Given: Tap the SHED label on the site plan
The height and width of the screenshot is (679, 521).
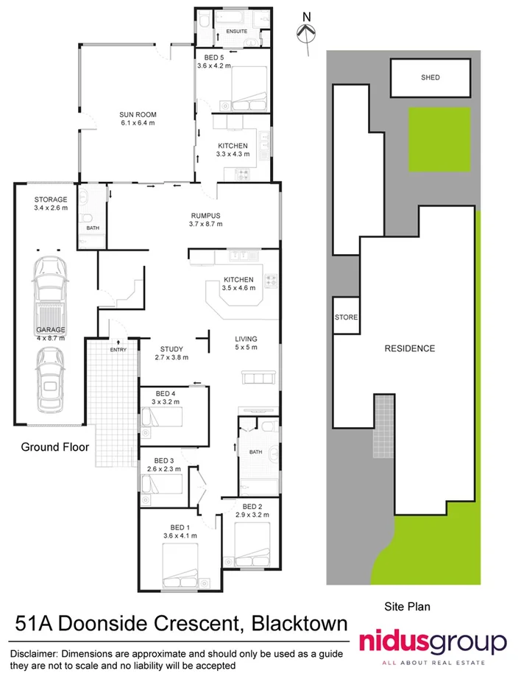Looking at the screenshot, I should (430, 77).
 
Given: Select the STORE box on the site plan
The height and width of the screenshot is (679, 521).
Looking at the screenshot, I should (346, 317).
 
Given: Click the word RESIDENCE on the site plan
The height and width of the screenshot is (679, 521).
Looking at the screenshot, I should (409, 348).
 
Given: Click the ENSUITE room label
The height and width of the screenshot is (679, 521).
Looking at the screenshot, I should (236, 32).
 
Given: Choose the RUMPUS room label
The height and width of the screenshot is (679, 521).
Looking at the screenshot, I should (205, 216).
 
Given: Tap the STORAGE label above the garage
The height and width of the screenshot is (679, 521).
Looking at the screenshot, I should (51, 200).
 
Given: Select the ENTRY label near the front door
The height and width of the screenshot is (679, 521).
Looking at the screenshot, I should (118, 350).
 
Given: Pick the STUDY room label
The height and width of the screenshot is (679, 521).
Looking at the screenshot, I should (171, 349).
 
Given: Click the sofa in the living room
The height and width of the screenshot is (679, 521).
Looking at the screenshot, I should (260, 379).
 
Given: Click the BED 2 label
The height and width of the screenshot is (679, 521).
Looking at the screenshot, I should (252, 507).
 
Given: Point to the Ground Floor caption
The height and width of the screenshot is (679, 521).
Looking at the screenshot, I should (55, 446).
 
